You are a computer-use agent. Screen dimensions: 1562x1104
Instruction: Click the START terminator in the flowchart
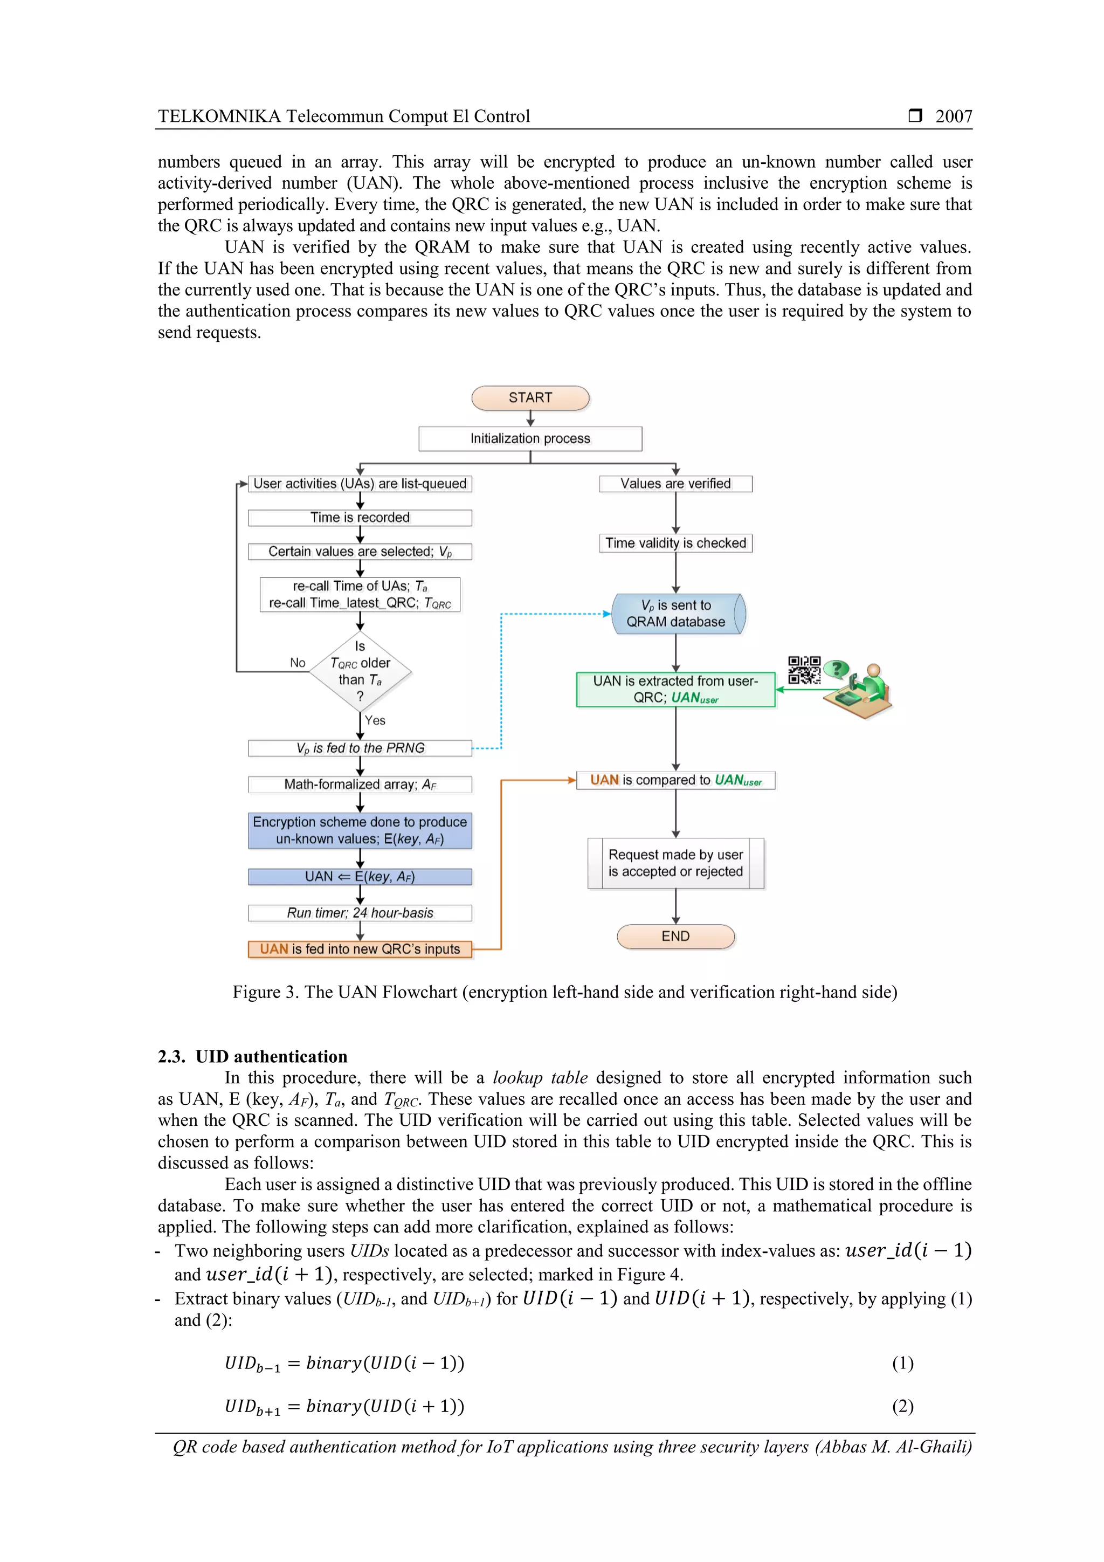pos(530,398)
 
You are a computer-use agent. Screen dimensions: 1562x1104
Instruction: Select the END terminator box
pos(675,936)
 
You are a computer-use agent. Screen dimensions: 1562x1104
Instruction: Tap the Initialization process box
pos(530,439)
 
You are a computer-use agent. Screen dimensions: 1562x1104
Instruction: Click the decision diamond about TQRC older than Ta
pos(360,671)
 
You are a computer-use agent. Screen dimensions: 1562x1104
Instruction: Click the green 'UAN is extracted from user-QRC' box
pos(675,689)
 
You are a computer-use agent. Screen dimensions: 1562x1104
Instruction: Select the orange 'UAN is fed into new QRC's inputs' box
pos(360,949)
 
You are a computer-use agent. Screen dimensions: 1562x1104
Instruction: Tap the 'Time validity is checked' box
pos(675,543)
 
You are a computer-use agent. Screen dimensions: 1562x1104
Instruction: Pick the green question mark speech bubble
pos(837,670)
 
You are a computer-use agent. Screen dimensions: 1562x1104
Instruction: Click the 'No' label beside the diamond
pos(297,663)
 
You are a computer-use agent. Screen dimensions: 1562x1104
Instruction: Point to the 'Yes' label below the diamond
pos(375,720)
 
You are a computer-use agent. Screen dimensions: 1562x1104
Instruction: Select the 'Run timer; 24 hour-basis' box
pos(360,913)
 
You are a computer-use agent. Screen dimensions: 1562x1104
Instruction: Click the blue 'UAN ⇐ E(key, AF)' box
pos(360,876)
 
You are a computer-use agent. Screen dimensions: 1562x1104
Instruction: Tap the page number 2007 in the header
pos(953,116)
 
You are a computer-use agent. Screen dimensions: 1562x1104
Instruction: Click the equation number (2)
pos(902,1406)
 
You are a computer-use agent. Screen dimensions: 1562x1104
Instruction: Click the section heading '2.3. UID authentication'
pos(252,1057)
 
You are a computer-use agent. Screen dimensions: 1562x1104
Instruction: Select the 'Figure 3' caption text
pos(564,992)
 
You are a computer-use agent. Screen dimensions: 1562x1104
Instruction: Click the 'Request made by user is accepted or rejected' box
pos(675,863)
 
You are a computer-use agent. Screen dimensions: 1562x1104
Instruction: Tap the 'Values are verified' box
pos(675,484)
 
